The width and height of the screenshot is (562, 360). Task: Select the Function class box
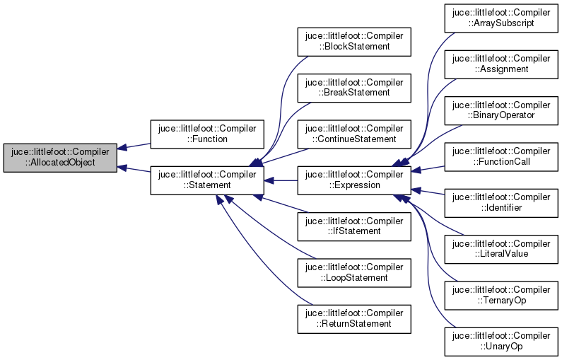[206, 134]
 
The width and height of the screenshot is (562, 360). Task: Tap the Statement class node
[206, 180]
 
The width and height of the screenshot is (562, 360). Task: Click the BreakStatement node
[353, 88]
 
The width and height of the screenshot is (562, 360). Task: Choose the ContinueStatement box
[353, 134]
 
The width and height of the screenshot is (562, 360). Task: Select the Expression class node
[353, 180]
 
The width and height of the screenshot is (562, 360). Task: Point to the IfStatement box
[353, 226]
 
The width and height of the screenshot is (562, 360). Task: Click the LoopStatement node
[353, 272]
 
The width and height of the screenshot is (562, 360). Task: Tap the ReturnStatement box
[353, 318]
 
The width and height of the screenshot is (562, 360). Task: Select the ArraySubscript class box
[500, 18]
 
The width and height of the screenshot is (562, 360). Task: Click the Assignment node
[500, 64]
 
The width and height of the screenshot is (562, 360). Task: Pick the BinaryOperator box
[500, 110]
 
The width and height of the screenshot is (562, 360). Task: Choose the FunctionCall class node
[500, 156]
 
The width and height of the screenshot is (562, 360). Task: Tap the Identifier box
[500, 202]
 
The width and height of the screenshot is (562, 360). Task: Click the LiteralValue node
[500, 248]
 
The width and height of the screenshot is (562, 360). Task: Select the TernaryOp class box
[500, 294]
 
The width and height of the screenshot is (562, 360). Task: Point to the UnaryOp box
[500, 340]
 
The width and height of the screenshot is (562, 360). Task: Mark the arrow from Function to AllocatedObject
[134, 146]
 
